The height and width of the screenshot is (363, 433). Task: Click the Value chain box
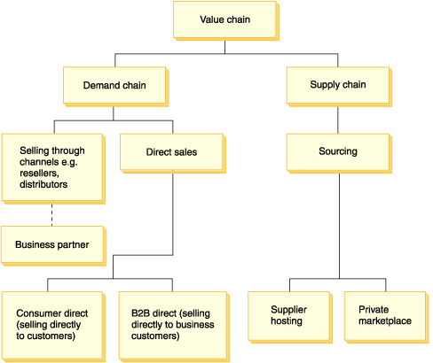(226, 20)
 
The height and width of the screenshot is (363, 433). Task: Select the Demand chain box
(115, 87)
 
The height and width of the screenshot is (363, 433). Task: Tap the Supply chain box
(339, 87)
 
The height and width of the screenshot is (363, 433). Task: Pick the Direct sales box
(173, 153)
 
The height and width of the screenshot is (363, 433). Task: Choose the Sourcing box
(339, 153)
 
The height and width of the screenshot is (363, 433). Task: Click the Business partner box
(53, 246)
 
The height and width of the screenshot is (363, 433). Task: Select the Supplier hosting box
(290, 317)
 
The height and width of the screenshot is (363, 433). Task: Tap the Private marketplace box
(386, 317)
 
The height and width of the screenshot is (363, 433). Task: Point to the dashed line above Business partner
(52, 215)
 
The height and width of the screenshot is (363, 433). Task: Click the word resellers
(39, 174)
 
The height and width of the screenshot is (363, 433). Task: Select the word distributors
(43, 184)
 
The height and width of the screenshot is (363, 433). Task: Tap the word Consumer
(35, 313)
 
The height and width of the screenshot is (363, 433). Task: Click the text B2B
(141, 313)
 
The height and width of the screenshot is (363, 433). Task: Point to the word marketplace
(385, 321)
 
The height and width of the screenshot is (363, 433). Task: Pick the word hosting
(287, 321)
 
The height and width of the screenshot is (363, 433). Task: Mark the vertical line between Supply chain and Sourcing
(338, 120)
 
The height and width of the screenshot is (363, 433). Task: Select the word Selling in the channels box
(32, 151)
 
